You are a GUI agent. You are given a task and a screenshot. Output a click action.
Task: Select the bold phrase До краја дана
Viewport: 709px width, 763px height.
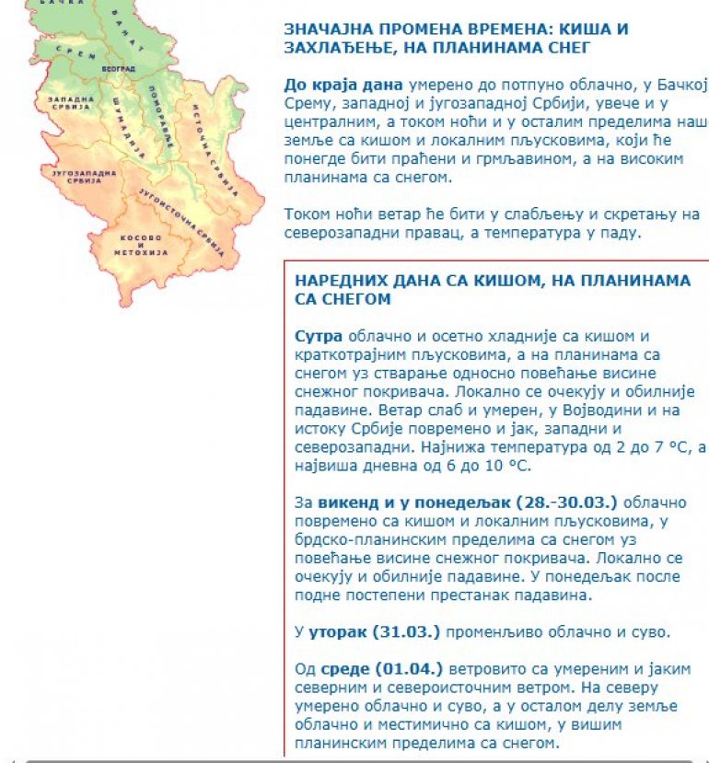point(331,85)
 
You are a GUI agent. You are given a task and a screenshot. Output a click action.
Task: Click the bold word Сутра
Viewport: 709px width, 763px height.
point(319,335)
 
